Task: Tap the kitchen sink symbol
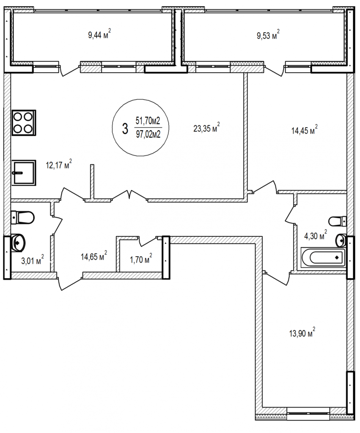[x=24, y=173]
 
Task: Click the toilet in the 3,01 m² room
[x=22, y=217]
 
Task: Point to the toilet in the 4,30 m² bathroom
[x=338, y=221]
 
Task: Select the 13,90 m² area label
[x=302, y=332]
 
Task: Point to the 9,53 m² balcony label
[x=268, y=35]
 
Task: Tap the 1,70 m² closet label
[x=141, y=259]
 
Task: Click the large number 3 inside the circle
[x=125, y=129]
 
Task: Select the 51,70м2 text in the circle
[x=148, y=121]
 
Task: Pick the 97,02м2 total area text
[x=148, y=134]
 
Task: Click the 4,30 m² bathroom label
[x=316, y=235]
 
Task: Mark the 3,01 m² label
[x=32, y=260]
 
